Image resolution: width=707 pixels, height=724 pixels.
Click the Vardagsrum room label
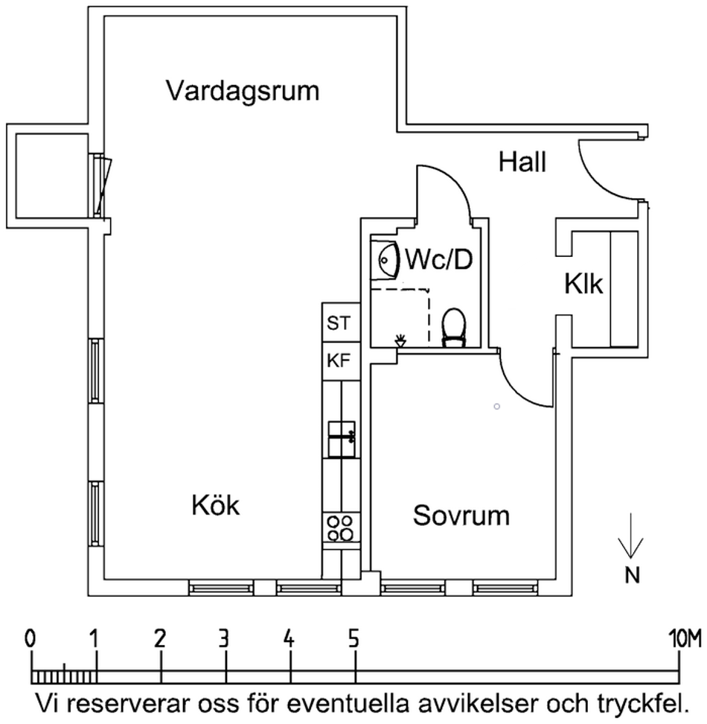coord(243,92)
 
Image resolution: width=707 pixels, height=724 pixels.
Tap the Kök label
coord(216,506)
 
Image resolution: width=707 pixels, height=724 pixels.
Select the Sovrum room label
coord(461,515)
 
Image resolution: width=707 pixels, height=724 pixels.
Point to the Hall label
coord(522,162)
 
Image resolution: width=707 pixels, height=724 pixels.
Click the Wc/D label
coord(438,261)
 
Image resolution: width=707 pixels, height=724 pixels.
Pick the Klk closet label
coord(583,285)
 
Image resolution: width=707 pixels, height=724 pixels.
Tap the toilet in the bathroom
coord(453,328)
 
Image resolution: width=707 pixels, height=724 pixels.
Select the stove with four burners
coord(342,528)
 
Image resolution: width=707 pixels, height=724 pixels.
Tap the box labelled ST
coord(341,323)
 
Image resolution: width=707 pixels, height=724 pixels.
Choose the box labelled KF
coord(341,360)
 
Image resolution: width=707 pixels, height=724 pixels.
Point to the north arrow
coord(631,536)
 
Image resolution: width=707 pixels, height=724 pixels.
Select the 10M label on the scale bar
coord(685,638)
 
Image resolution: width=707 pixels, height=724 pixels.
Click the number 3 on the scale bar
coord(224,638)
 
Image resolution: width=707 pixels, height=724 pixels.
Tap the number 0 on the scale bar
coord(30,638)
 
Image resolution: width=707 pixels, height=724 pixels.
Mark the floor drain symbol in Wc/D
coord(401,340)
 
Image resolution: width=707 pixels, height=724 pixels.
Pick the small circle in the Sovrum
coord(497,407)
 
